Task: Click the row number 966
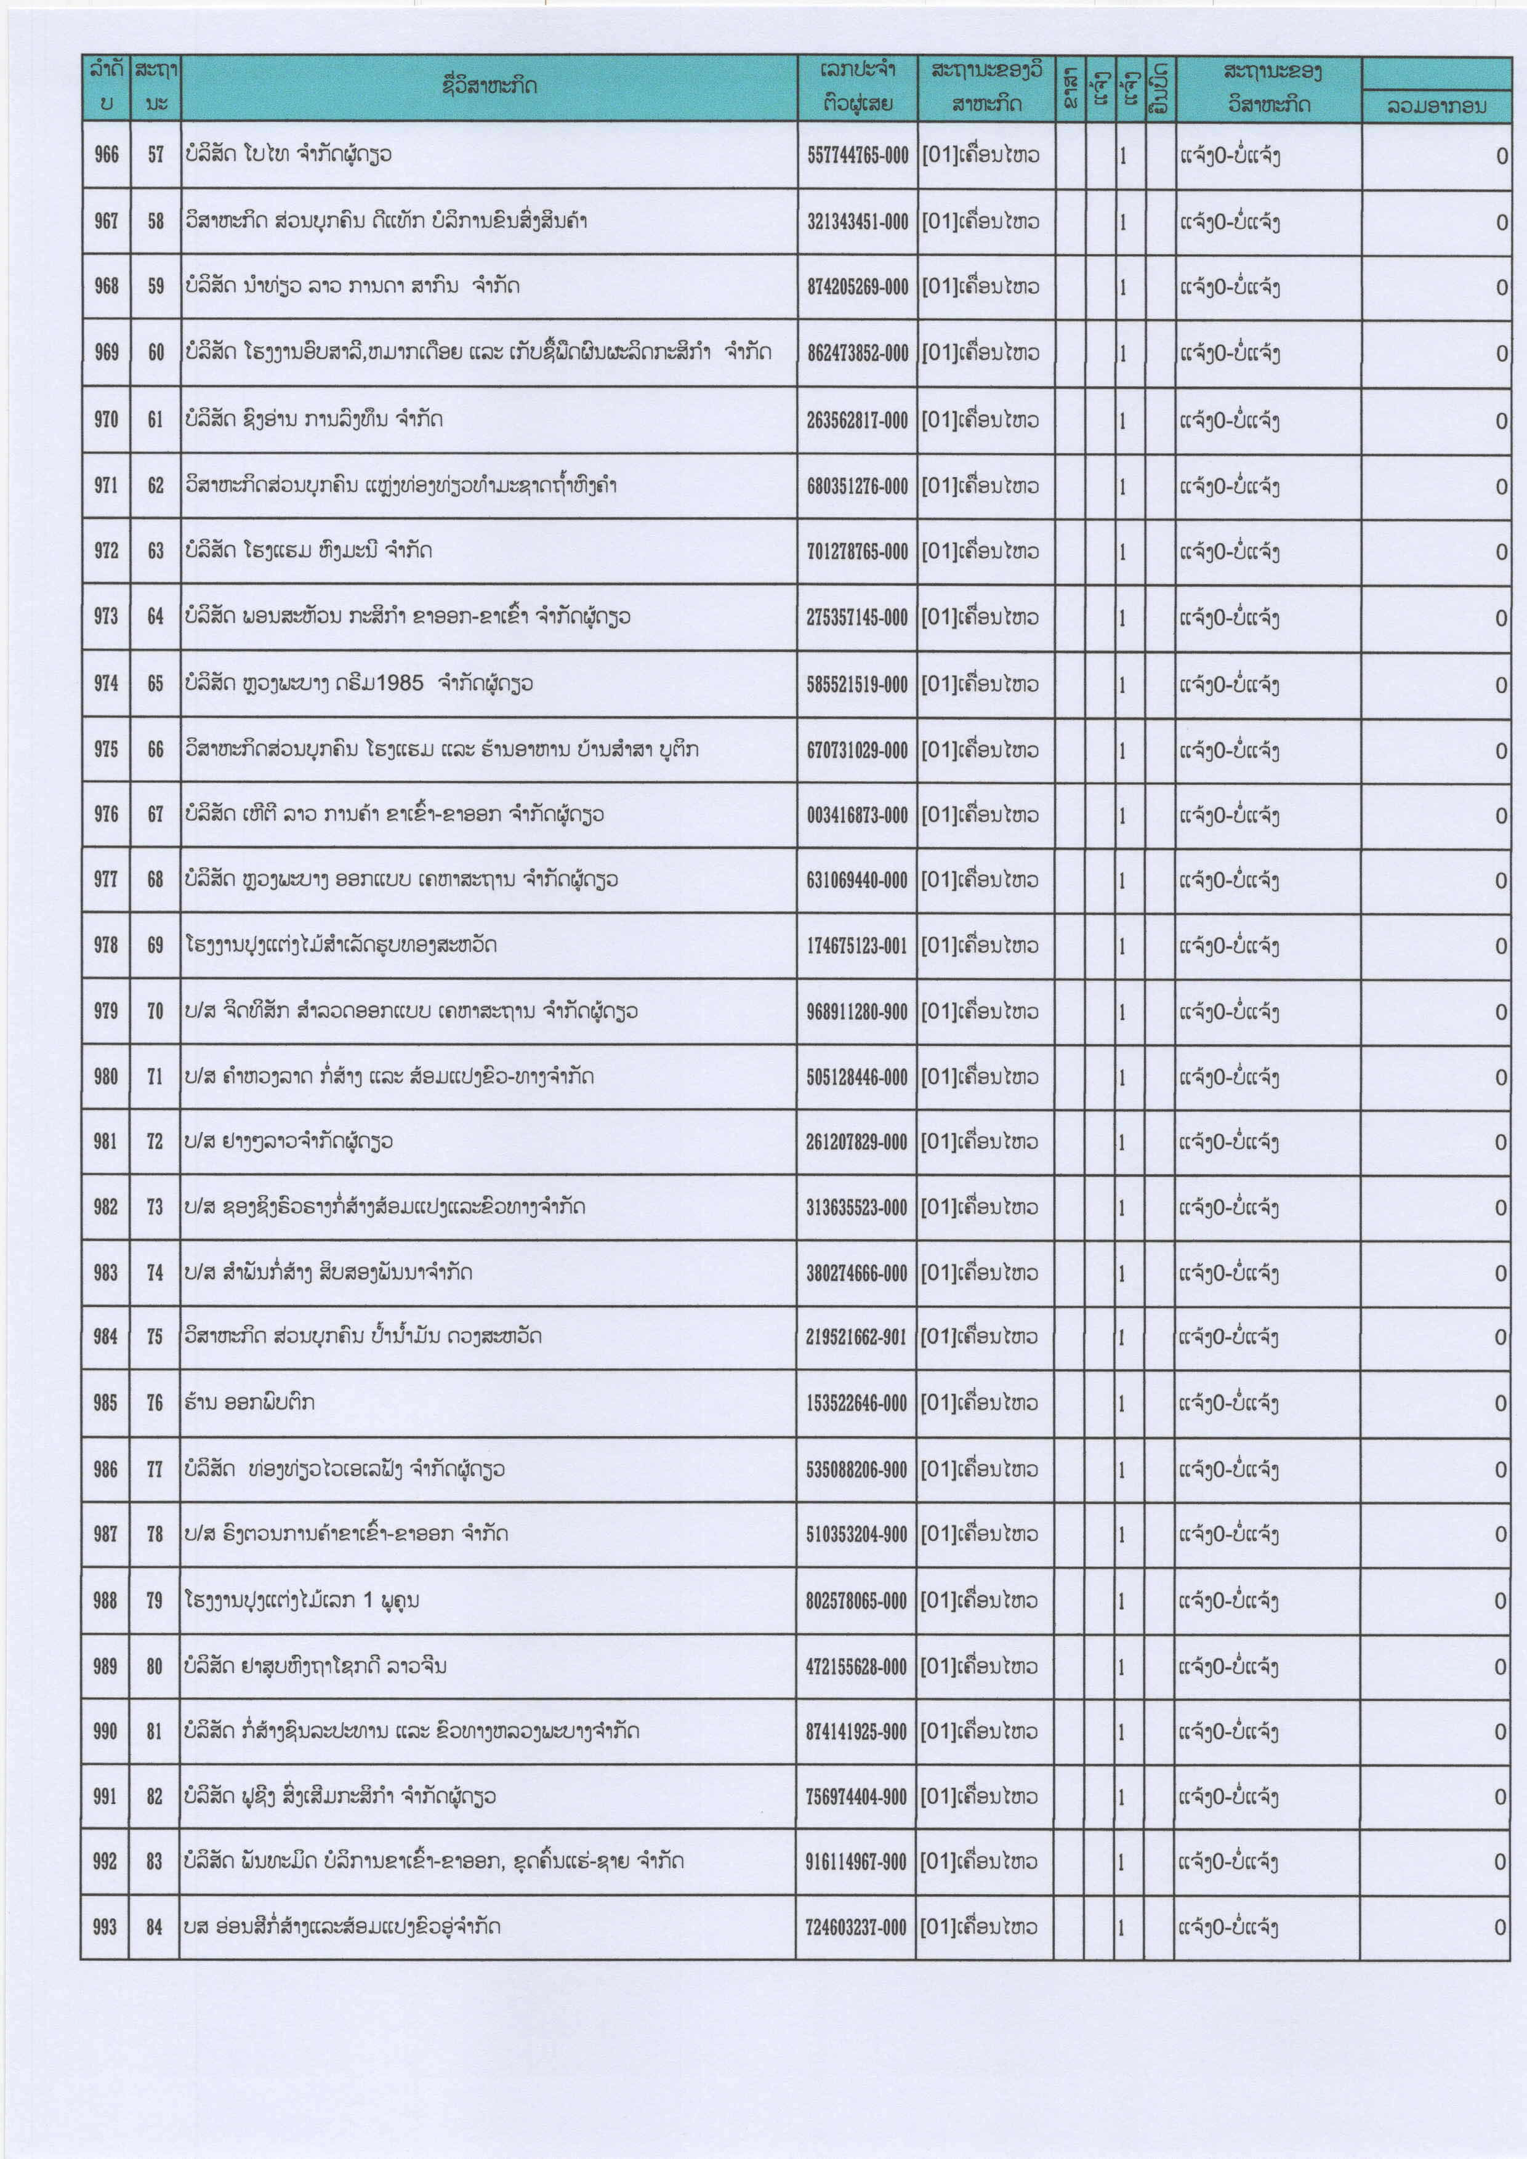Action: pyautogui.click(x=107, y=155)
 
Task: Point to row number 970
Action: pyautogui.click(x=107, y=419)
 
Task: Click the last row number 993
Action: pyautogui.click(x=107, y=1928)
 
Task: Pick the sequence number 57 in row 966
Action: pyautogui.click(x=155, y=155)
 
